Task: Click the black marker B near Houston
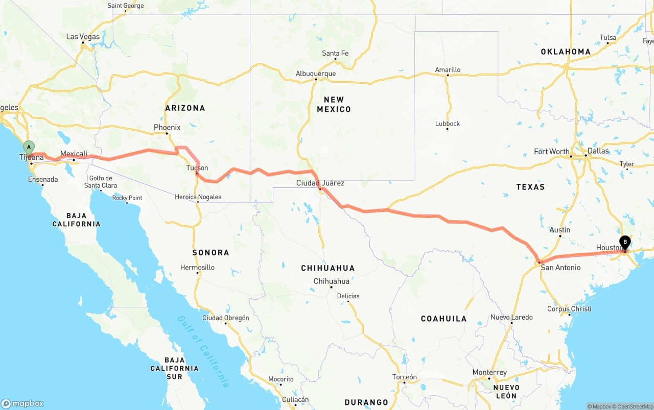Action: click(625, 242)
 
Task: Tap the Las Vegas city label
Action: click(83, 37)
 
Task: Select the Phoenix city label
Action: click(167, 127)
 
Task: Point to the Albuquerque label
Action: click(316, 74)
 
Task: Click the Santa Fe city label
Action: click(335, 53)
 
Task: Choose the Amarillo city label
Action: click(448, 69)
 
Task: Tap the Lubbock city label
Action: click(448, 124)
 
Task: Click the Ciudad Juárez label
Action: click(320, 183)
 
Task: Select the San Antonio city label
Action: click(560, 267)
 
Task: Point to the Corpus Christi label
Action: click(569, 309)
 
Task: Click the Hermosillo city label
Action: click(197, 268)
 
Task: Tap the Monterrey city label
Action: click(489, 372)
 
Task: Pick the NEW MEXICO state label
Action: click(334, 104)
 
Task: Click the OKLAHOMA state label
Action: click(566, 52)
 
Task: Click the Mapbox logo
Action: click(22, 403)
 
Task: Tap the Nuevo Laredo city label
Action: click(511, 317)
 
